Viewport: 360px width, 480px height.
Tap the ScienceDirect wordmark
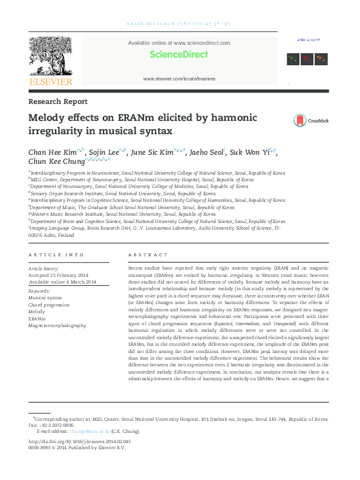[179, 54]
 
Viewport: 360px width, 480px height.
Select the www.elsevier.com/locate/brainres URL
[179, 79]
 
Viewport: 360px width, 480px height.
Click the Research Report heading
[58, 102]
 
